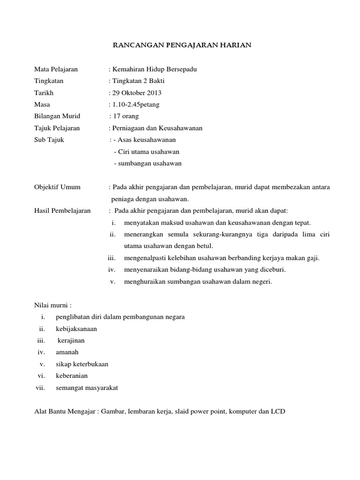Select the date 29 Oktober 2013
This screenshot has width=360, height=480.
coord(136,93)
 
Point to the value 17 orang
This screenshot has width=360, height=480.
coord(126,116)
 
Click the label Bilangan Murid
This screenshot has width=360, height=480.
coord(57,116)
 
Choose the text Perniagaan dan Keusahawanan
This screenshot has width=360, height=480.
coord(157,128)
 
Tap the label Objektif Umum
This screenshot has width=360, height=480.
coord(58,187)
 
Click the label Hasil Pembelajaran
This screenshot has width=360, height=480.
coord(63,211)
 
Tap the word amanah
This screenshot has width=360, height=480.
coord(67,352)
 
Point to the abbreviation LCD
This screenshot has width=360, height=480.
coord(278,412)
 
